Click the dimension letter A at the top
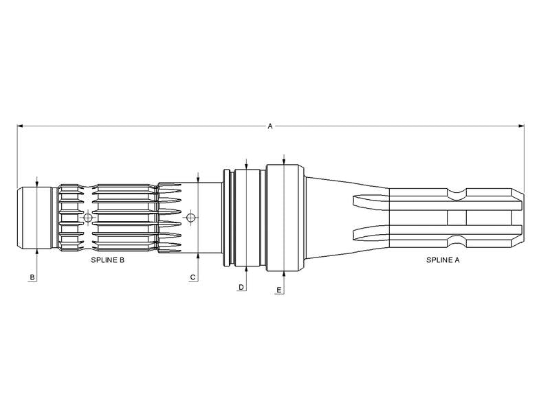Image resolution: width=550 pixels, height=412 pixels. click(270, 126)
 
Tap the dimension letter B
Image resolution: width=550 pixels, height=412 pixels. click(32, 277)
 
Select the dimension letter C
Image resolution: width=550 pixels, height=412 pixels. click(192, 277)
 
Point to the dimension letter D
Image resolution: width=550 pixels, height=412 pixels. click(241, 287)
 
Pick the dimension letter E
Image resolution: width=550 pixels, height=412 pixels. click(279, 290)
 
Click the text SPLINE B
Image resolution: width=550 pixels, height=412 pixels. click(108, 260)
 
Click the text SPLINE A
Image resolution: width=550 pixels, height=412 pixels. click(443, 260)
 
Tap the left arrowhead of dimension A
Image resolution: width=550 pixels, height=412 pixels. click(20, 126)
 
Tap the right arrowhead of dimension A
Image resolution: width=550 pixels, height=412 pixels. click(521, 126)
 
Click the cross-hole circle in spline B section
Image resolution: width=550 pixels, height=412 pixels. click(88, 218)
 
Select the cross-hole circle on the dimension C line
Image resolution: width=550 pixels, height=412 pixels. click(190, 218)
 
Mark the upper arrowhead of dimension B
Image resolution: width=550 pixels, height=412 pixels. click(37, 184)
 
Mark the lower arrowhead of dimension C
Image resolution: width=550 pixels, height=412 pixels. click(198, 256)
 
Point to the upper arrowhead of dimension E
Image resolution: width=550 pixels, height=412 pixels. click(284, 161)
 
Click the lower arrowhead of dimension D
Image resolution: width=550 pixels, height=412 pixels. click(247, 269)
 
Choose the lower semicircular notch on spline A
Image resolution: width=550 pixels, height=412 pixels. click(457, 241)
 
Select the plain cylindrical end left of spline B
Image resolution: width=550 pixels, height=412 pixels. click(34, 218)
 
